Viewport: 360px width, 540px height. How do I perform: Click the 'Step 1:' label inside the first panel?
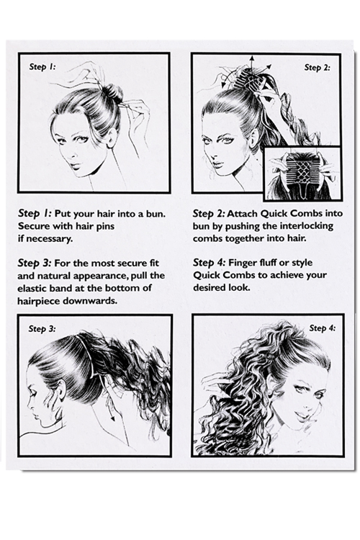42,66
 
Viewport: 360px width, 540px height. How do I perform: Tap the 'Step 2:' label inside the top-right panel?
317,68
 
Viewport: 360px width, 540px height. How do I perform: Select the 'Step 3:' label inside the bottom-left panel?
42,328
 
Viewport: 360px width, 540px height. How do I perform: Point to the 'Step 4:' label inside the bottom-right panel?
322,328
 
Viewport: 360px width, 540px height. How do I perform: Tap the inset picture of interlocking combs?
302,174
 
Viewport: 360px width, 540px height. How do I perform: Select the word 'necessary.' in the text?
45,238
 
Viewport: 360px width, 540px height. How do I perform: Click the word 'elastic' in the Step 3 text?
32,288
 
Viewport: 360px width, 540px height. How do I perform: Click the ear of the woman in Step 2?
254,138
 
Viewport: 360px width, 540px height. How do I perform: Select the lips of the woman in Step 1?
76,166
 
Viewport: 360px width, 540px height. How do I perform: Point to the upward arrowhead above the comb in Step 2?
252,58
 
